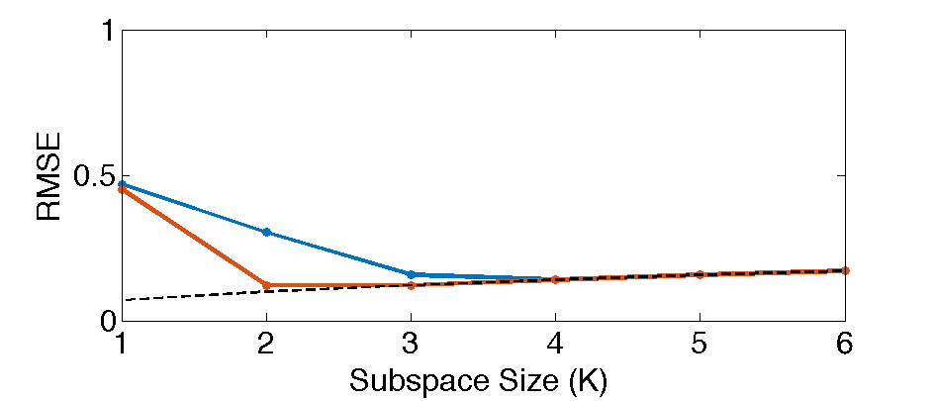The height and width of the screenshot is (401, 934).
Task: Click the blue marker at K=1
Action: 122,184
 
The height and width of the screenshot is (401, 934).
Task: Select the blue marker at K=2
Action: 266,232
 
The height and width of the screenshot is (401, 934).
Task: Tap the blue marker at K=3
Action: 411,274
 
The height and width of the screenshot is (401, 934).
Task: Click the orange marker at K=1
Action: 122,189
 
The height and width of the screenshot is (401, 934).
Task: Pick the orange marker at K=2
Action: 266,285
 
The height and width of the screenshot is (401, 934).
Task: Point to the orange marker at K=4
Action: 555,279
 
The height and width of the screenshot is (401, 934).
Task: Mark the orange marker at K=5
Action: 700,274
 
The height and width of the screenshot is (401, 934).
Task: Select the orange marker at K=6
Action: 845,270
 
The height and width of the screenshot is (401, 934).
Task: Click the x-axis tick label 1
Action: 122,344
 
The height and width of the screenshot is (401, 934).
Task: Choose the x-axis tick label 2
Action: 266,344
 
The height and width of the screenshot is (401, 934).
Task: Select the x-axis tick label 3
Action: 411,344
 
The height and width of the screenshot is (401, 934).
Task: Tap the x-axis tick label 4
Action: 555,344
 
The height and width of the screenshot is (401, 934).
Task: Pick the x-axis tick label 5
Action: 700,344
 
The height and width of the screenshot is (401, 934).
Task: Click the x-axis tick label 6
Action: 845,344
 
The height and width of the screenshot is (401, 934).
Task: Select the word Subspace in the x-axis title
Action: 408,379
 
